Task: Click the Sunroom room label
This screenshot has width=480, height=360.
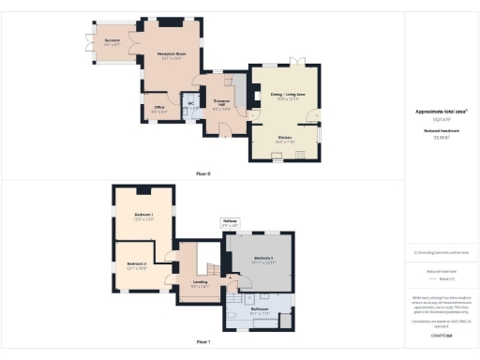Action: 112,40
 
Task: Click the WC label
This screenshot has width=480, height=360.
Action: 190,103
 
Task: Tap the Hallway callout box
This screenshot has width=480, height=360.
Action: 231,223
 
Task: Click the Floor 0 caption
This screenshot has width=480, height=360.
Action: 202,174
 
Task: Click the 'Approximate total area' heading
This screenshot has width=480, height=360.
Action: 442,112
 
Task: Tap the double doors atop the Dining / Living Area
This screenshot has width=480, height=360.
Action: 297,63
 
